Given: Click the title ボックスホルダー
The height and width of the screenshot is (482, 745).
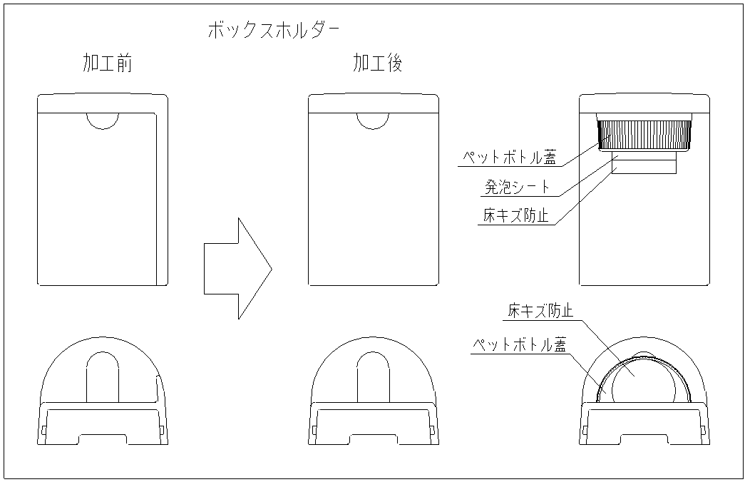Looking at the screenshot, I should coord(273,30).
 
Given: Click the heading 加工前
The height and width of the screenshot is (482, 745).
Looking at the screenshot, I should coord(107,64).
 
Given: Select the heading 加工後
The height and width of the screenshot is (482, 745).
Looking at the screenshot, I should coord(378,64).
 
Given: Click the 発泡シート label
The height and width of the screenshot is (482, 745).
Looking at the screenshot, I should coord(516,187).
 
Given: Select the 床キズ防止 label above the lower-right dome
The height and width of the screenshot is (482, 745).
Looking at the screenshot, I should coord(540,311).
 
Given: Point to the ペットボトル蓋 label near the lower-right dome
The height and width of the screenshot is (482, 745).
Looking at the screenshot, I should coord(519,345).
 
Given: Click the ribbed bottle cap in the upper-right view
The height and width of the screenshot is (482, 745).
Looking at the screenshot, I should coord(644,133).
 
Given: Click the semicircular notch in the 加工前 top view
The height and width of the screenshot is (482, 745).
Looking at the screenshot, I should coord(103,120).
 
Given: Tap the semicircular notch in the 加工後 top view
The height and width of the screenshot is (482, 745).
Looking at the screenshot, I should coord(374,120).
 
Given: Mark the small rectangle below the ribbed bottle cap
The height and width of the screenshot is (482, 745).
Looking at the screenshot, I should coord(644,165).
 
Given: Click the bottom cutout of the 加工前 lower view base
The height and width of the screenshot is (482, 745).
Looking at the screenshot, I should coord(103,439).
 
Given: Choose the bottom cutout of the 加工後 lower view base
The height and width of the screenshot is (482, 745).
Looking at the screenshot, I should coord(374,439).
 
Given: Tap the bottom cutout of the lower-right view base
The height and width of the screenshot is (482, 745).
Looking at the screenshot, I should coord(644,439).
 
